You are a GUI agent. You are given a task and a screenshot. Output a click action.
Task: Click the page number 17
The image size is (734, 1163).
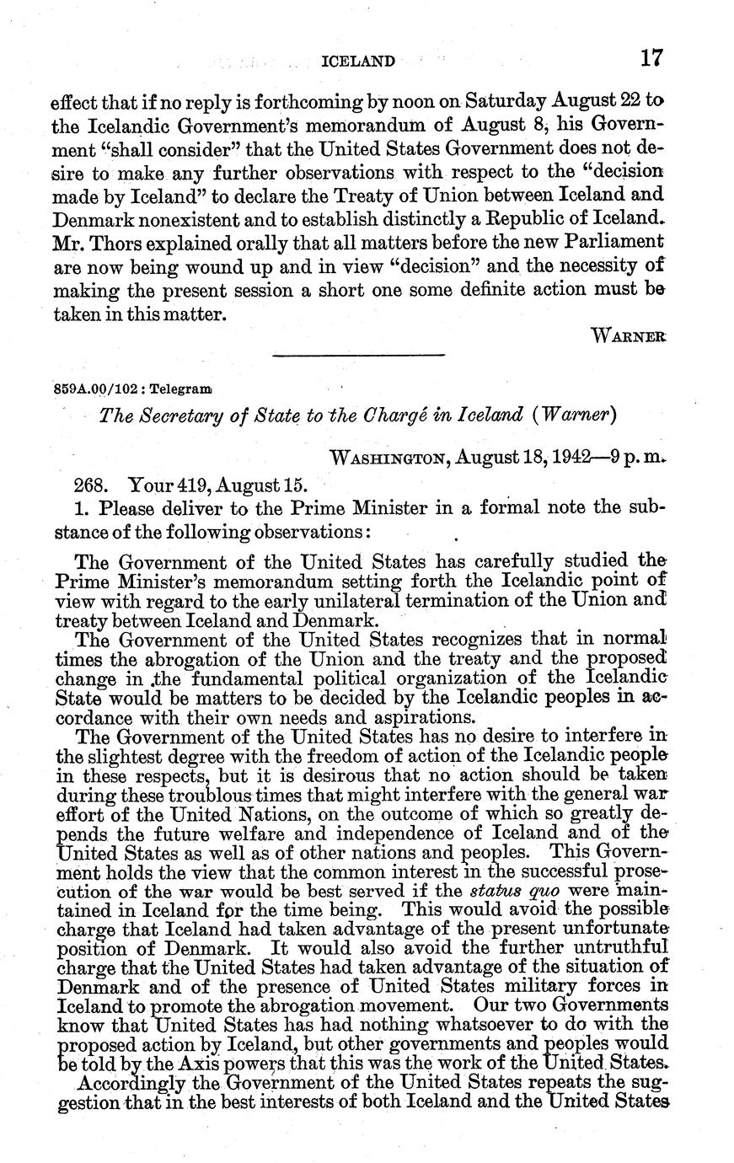pyautogui.click(x=651, y=58)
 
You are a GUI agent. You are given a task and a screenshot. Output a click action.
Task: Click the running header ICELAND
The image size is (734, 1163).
pyautogui.click(x=359, y=61)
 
